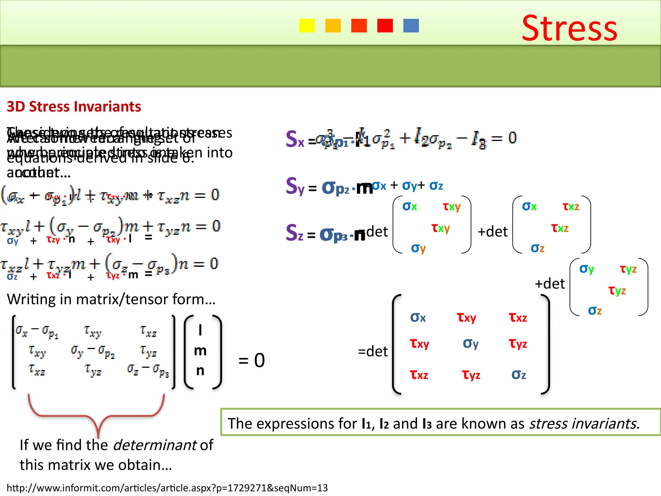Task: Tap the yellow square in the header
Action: (x=307, y=26)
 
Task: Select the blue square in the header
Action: (x=411, y=26)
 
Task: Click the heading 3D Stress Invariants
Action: (x=74, y=107)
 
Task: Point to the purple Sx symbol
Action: (x=295, y=139)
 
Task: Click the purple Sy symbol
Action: (x=295, y=187)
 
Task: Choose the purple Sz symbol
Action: (x=294, y=233)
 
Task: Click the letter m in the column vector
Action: (x=200, y=351)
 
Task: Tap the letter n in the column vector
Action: (x=200, y=371)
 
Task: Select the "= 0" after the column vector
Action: (x=251, y=360)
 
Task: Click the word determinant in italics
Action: (x=155, y=445)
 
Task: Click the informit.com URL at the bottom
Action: (x=167, y=488)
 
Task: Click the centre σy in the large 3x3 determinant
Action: (x=471, y=344)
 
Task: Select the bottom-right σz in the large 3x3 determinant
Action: (x=519, y=375)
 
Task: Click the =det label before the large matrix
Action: (x=373, y=351)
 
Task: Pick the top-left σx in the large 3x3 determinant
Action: (x=418, y=317)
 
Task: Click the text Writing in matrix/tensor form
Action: (x=111, y=299)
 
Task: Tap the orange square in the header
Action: (x=333, y=26)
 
